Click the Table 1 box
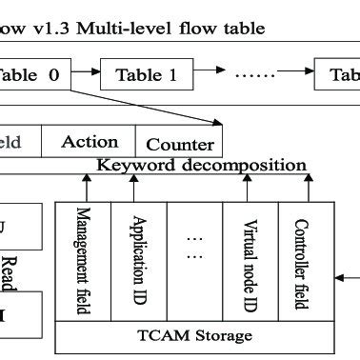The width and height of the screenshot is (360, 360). tap(146, 75)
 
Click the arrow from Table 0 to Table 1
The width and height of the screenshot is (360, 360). tap(86, 71)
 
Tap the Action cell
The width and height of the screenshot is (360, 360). tap(90, 142)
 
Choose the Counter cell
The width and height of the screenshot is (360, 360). tap(179, 145)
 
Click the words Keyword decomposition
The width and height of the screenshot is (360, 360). tap(202, 165)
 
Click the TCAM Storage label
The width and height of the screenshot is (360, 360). tap(194, 335)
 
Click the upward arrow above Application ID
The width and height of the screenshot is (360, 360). tap(140, 186)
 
